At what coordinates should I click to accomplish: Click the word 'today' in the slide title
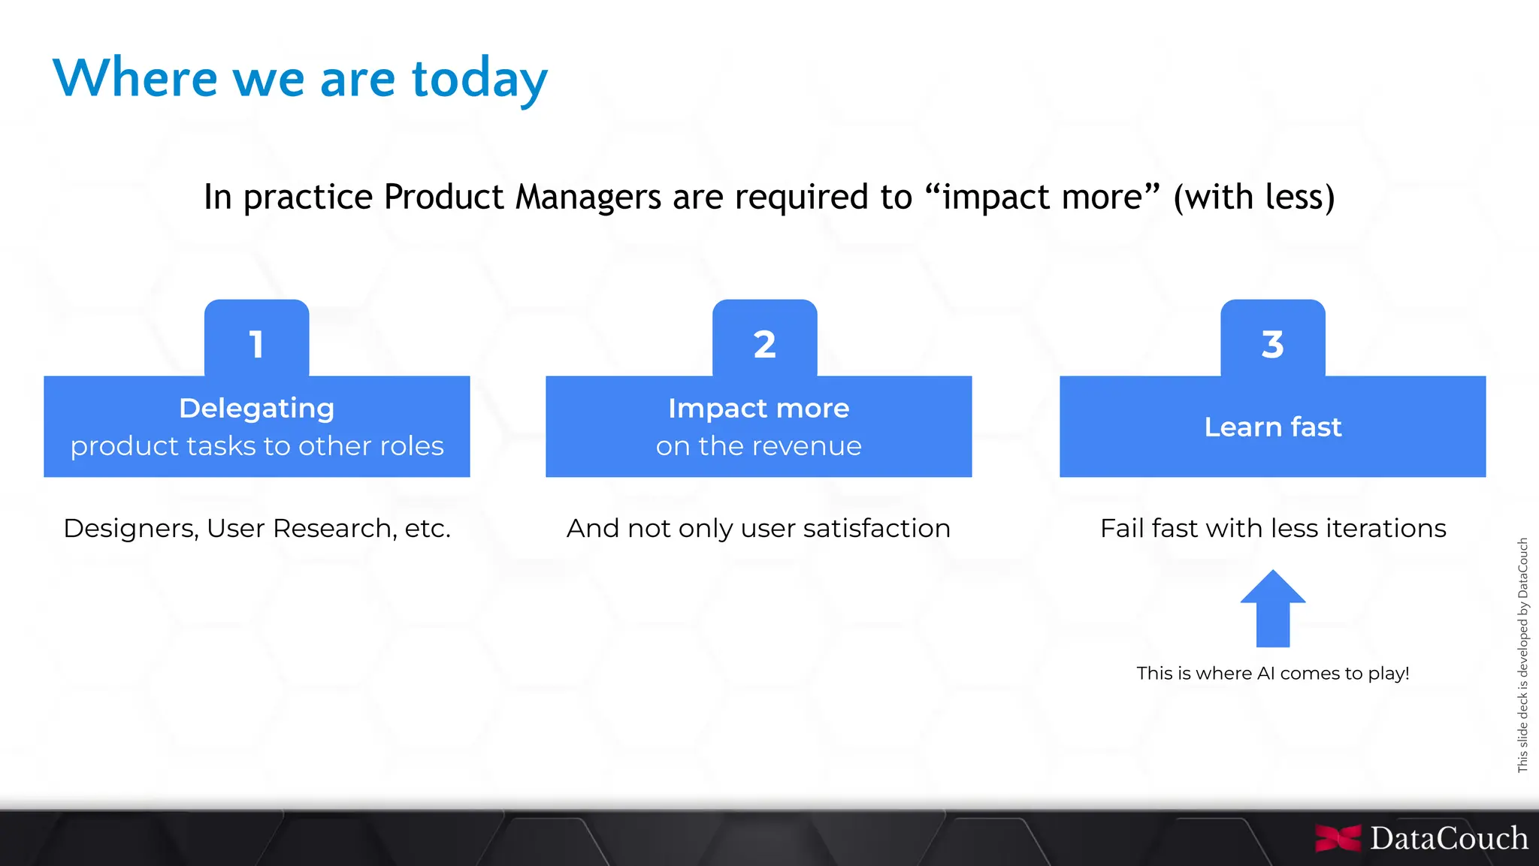[479, 80]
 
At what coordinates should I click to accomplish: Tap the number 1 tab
[256, 342]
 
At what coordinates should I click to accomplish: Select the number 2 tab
[764, 342]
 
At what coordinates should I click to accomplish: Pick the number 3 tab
[1272, 342]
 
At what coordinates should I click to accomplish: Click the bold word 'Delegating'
[256, 409]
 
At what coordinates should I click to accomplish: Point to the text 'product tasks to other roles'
[256, 446]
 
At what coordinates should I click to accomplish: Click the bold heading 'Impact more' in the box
[758, 409]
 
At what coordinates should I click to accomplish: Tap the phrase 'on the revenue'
[758, 446]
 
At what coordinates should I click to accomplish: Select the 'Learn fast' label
[1272, 427]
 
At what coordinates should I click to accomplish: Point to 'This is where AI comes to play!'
[1272, 673]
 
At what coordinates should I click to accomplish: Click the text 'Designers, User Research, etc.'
[256, 528]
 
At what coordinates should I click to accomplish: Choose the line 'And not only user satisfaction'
[758, 528]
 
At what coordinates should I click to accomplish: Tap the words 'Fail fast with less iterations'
[1272, 528]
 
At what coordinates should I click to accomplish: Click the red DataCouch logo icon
[1338, 838]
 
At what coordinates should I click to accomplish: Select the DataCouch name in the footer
[1448, 838]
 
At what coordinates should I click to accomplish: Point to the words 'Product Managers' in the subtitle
[523, 198]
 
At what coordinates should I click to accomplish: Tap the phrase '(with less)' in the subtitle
[1253, 198]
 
